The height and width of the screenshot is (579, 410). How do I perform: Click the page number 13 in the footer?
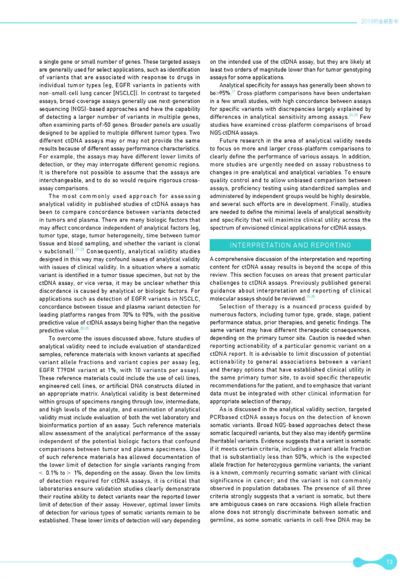click(389, 562)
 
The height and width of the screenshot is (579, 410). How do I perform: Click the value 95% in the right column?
click(224, 93)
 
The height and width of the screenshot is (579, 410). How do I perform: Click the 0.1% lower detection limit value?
click(52, 473)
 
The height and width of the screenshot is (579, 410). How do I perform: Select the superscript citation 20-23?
click(80, 249)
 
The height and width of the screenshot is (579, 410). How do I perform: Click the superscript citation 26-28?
click(311, 297)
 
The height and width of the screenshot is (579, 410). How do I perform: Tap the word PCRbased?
click(224, 417)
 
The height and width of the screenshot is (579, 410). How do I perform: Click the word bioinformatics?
click(59, 425)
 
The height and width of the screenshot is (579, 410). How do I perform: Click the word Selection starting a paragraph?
click(232, 307)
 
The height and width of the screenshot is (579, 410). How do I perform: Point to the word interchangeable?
click(61, 180)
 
